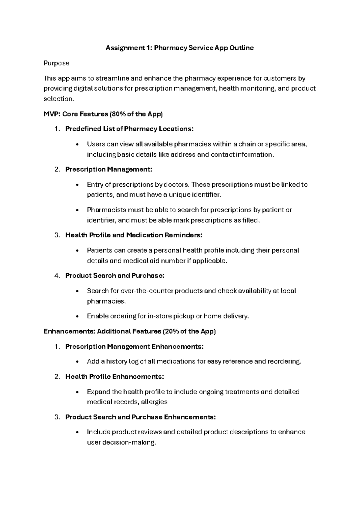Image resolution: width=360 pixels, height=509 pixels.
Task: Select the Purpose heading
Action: [x=56, y=63]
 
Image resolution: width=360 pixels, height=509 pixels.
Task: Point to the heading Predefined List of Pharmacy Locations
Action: [x=129, y=129]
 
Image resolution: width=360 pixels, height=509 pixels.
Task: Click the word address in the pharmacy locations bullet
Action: [x=183, y=155]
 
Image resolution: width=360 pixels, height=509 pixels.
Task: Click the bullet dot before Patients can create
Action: [x=77, y=251]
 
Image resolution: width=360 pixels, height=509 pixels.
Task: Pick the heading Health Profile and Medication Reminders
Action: [x=134, y=235]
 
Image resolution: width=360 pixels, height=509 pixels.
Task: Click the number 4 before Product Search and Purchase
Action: [x=57, y=276]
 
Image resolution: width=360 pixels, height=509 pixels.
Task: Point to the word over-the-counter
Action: [x=147, y=291]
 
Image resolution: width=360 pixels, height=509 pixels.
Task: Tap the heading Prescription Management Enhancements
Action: [x=134, y=347]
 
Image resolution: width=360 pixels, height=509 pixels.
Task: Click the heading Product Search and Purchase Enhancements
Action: [x=140, y=417]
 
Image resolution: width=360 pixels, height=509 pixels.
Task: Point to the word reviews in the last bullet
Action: [x=150, y=432]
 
